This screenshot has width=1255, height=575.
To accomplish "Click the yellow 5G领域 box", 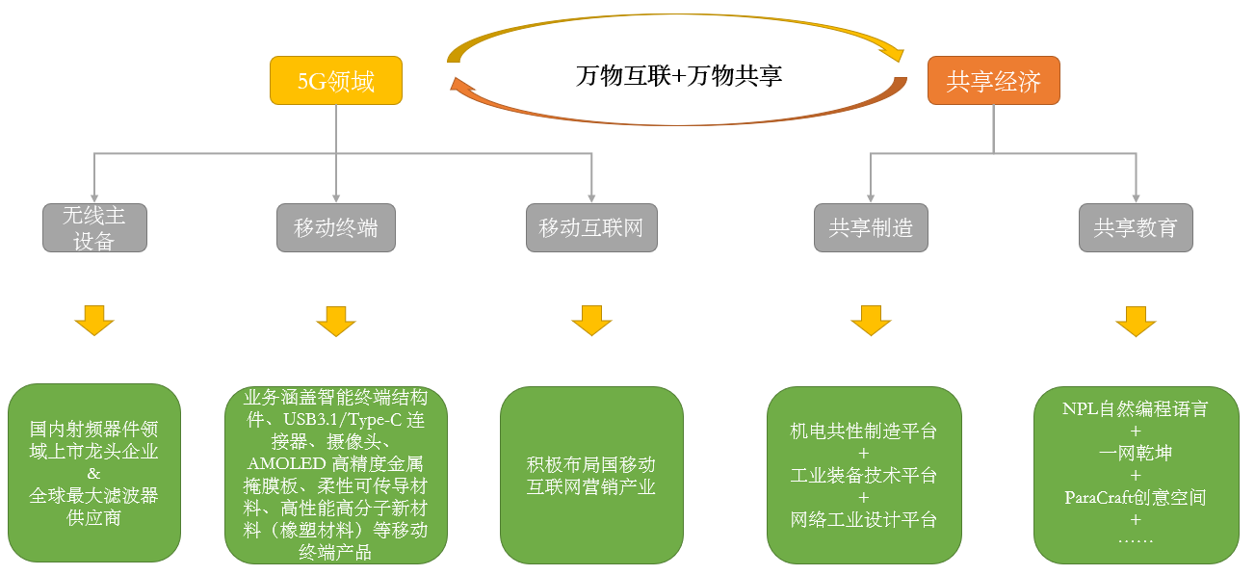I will coord(335,82).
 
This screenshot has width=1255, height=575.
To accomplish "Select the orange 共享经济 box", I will coord(993,82).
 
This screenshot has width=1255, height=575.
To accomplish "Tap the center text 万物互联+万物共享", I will coord(678,76).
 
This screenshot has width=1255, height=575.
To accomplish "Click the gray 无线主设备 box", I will coord(94,228).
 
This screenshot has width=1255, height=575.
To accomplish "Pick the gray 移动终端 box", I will coord(335,228).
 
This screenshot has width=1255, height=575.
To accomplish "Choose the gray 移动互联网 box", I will coord(590,228).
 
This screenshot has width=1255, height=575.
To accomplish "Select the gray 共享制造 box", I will coord(871,228).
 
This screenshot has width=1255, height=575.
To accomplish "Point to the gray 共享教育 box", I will coord(1135,228).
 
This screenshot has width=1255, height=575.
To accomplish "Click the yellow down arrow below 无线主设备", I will coord(94,321).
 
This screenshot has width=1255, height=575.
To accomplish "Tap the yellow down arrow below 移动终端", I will coord(335,321).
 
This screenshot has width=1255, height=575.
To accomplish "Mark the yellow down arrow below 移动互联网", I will coord(591,321).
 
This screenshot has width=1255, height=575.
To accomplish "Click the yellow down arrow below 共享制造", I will coord(871,321).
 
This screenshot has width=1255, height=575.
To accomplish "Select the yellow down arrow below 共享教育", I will coord(1136,321).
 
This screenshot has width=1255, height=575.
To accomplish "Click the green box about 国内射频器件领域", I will coord(94,472).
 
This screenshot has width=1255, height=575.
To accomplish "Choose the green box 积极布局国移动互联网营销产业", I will coord(591,475).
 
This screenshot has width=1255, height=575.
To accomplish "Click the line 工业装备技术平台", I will coord(863,476).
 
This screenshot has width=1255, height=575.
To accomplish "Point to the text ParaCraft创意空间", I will coord(1136,498).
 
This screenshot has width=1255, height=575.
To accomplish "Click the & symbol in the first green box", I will coord(93,473).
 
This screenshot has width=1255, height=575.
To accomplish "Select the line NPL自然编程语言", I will coord(1136,408).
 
